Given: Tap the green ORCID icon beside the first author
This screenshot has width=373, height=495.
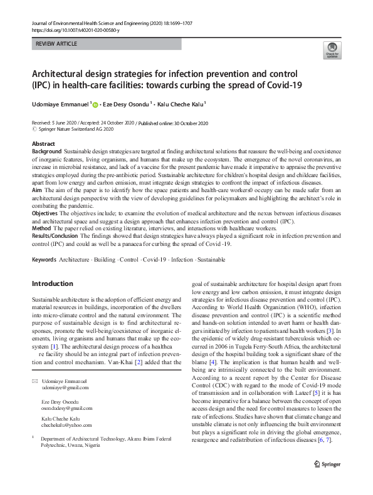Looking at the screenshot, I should pyautogui.click(x=95, y=103).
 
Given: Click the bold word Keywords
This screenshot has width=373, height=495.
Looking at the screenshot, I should pyautogui.click(x=45, y=259).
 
